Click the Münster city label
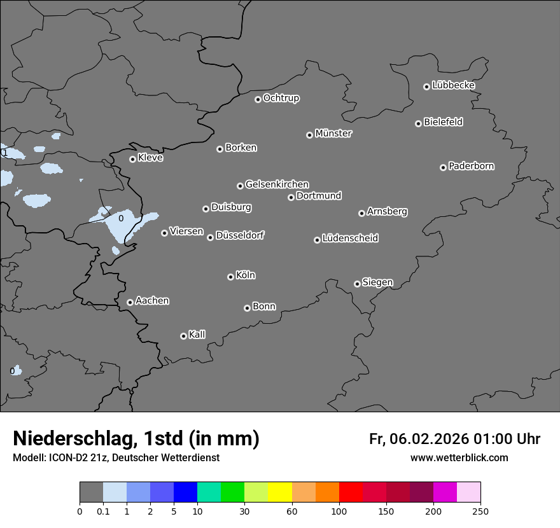[x=333, y=134]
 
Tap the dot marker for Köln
[x=230, y=277]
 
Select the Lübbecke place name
[x=453, y=85]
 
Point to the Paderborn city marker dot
[x=443, y=167]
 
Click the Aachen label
[x=152, y=300]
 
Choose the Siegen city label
[x=377, y=282]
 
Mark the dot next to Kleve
[x=132, y=159]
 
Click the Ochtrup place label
[x=281, y=98]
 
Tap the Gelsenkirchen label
[x=277, y=184]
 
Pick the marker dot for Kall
[x=183, y=336]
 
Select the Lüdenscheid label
[x=350, y=239]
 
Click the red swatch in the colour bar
[x=351, y=493]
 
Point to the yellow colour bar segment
[x=280, y=493]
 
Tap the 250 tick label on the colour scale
[x=480, y=511]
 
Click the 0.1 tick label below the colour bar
[x=103, y=511]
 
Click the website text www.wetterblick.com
[x=459, y=457]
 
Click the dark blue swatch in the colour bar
[x=186, y=493]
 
